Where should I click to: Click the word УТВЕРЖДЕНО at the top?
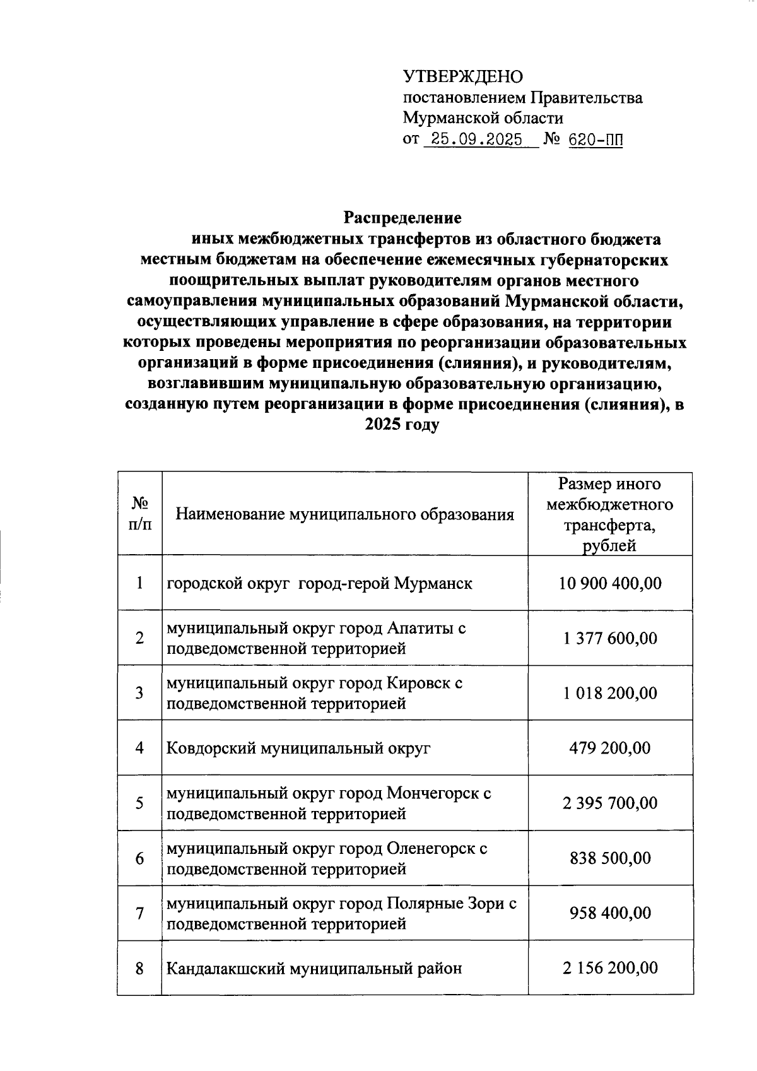coord(463,77)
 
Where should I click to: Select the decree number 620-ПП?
coord(595,140)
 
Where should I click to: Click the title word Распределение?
coord(402,218)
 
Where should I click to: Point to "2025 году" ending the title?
coord(402,425)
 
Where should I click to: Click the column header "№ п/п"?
coord(139,514)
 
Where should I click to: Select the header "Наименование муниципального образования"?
coord(344,514)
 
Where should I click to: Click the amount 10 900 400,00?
coord(610,583)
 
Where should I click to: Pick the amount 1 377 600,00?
coord(610,639)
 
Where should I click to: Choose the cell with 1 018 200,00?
coord(610,694)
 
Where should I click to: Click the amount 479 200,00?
coord(610,749)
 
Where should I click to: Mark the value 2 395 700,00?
coord(610,803)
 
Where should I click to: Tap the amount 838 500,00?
coord(610,859)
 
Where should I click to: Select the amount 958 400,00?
coord(610,914)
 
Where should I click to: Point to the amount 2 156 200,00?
coord(610,968)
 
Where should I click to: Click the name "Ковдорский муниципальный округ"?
coord(298,749)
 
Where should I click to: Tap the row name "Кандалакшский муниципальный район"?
coord(314,968)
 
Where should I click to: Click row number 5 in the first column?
coord(139,803)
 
